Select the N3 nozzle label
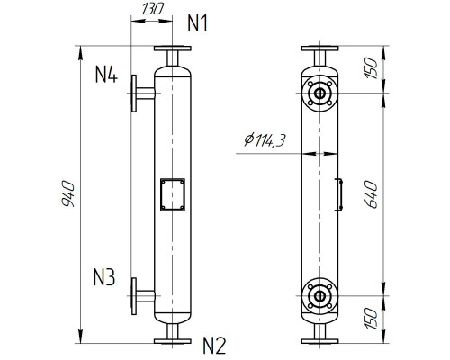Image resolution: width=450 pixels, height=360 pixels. pyautogui.click(x=104, y=277)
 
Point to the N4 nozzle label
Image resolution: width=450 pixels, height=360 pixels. pyautogui.click(x=107, y=75)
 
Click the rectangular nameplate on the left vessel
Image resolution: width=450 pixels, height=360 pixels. pyautogui.click(x=171, y=194)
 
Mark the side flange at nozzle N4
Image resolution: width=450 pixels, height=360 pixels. pyautogui.click(x=135, y=94)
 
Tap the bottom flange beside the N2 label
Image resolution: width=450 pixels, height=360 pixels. pyautogui.click(x=171, y=340)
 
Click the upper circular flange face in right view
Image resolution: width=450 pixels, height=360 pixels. pyautogui.click(x=319, y=93)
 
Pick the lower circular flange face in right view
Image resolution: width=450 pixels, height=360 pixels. pyautogui.click(x=319, y=295)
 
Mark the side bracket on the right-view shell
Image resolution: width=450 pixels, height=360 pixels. pyautogui.click(x=340, y=194)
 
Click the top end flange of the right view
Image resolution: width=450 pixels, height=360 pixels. pyautogui.click(x=319, y=49)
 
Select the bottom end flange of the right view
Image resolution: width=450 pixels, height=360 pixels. pyautogui.click(x=319, y=340)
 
